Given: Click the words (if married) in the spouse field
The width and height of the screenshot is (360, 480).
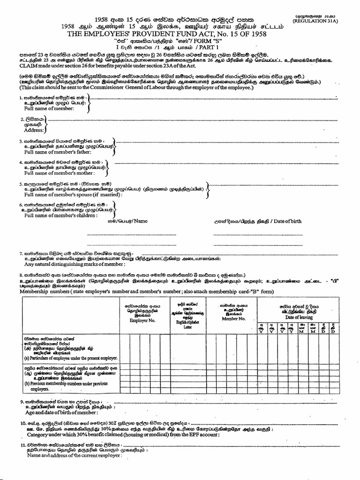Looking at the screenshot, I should pyautogui.click(x=102, y=195).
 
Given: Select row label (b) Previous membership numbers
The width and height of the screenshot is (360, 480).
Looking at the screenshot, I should pyautogui.click(x=56, y=384).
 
